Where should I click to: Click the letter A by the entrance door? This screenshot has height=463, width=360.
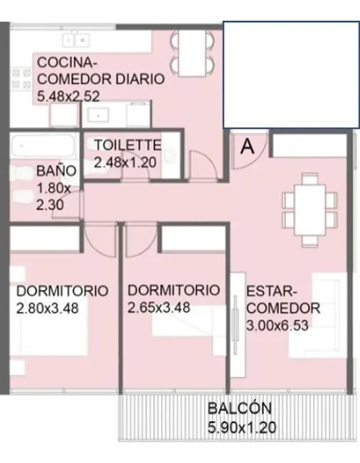[x=247, y=146]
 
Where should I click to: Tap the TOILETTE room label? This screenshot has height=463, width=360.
[x=128, y=145]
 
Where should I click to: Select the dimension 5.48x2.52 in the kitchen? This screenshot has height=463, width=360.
[x=68, y=97]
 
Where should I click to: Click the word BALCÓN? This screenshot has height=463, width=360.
[x=240, y=408]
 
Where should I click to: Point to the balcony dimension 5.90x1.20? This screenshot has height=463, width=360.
[x=242, y=427]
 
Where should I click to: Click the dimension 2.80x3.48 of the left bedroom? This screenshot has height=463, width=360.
[x=47, y=308]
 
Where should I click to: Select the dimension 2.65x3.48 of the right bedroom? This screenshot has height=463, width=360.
[x=158, y=308]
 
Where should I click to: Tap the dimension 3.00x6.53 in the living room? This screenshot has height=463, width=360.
[x=277, y=326]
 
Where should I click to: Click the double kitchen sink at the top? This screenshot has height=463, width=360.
[x=76, y=40]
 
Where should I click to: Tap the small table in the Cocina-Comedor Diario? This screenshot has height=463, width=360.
[x=192, y=53]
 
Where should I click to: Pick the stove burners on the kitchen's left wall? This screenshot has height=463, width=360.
[x=21, y=79]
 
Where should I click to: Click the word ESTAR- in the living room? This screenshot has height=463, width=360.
[x=271, y=291]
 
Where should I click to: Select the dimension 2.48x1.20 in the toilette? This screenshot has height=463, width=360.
[x=125, y=162]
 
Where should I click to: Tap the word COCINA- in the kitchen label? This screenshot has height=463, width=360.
[x=67, y=63]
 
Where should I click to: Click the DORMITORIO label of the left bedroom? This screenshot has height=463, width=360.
[x=62, y=291]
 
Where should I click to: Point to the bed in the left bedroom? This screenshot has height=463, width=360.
[x=54, y=325]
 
